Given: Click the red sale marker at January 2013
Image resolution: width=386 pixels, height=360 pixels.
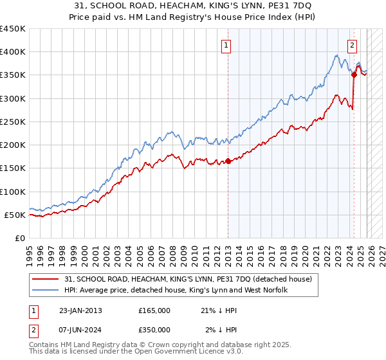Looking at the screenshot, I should pyautogui.click(x=228, y=161).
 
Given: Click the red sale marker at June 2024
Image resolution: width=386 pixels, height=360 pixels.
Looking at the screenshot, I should pyautogui.click(x=354, y=75).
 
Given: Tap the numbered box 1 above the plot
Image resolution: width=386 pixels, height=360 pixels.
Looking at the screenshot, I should pyautogui.click(x=228, y=45).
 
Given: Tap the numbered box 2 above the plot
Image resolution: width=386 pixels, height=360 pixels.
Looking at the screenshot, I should pyautogui.click(x=353, y=45).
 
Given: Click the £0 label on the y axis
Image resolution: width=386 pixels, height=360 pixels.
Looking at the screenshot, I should pyautogui.click(x=19, y=238).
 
